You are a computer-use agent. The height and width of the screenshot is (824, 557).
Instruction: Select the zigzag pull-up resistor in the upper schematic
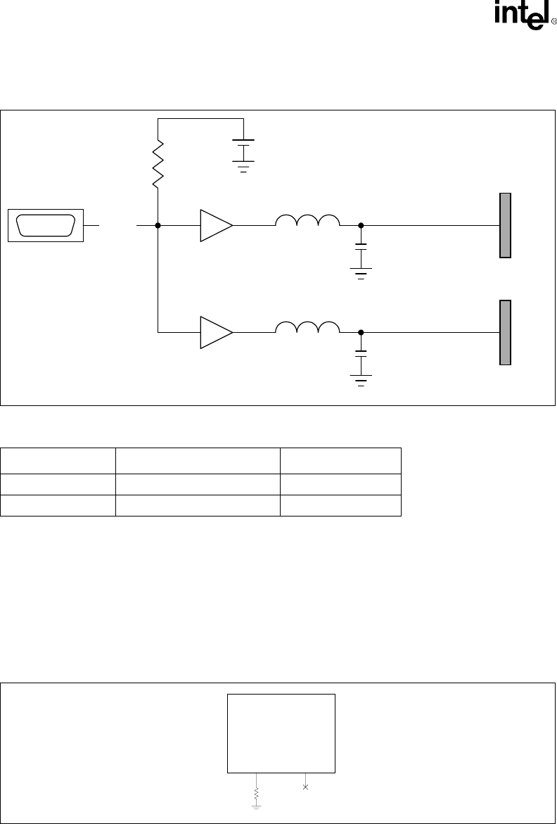[x=158, y=163]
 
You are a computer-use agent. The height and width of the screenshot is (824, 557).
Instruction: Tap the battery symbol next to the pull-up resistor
[x=243, y=151]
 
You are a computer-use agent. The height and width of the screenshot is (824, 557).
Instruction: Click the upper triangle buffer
[x=215, y=225]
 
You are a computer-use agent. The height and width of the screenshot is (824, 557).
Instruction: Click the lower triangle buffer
[x=215, y=332]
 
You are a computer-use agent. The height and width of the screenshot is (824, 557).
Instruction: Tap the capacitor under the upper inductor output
[x=361, y=249]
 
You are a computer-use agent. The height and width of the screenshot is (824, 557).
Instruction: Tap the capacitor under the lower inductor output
[x=361, y=355]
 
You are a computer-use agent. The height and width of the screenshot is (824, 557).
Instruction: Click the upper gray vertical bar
[x=505, y=225]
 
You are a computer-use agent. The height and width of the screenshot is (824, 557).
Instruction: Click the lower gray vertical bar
[x=505, y=332]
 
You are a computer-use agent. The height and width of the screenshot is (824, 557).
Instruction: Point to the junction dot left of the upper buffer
[x=158, y=225]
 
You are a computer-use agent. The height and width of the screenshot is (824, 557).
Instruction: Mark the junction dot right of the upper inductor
[x=361, y=225]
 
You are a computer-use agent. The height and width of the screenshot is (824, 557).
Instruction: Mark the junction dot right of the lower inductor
[x=361, y=332]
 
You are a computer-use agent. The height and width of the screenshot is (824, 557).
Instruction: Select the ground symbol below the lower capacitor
[x=361, y=381]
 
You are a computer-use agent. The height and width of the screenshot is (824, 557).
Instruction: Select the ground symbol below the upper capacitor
[x=361, y=274]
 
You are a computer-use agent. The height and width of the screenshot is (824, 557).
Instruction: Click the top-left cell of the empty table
[x=58, y=461]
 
